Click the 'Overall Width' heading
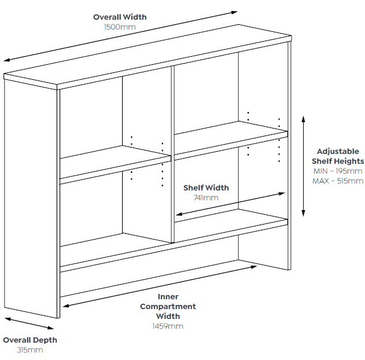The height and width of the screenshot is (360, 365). point(120,17)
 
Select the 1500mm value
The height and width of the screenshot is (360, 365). point(120,27)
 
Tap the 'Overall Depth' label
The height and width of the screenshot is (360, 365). point(30,340)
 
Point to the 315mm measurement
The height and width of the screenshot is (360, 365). point(30,350)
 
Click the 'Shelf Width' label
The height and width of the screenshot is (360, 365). point(206,188)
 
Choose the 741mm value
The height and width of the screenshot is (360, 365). point(206,198)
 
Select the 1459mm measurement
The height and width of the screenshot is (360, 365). point(168,326)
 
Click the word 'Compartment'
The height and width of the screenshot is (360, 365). point(168,306)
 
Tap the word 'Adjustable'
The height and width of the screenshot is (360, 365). point(338,152)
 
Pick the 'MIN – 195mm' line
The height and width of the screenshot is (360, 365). point(338,171)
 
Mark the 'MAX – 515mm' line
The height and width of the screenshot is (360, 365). point(338,181)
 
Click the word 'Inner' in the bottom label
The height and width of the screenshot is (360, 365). point(168,296)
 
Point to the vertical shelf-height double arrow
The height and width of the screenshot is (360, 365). point(303,166)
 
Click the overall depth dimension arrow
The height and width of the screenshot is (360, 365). point(30,324)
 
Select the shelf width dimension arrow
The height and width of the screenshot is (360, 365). point(230,204)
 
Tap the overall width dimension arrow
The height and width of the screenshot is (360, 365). point(120,36)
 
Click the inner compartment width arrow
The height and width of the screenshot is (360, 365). point(160,286)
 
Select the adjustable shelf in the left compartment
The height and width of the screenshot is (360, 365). point(116,164)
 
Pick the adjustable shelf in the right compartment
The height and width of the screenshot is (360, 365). point(231,141)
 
